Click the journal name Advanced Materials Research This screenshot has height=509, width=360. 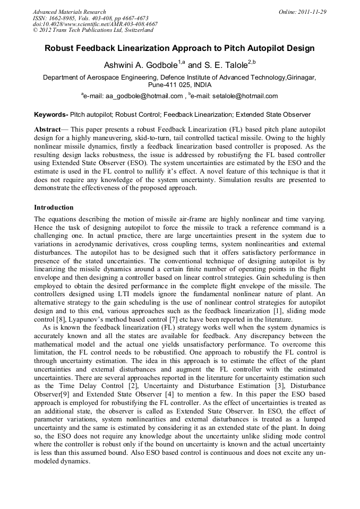click(69, 12)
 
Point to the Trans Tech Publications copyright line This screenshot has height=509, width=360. click(93, 30)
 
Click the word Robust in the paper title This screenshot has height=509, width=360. click(60, 48)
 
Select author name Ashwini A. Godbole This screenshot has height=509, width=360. click(140, 65)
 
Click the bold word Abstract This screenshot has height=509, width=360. click(47, 130)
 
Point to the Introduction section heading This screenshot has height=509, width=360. click(54, 207)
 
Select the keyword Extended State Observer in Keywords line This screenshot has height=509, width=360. click(273, 114)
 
